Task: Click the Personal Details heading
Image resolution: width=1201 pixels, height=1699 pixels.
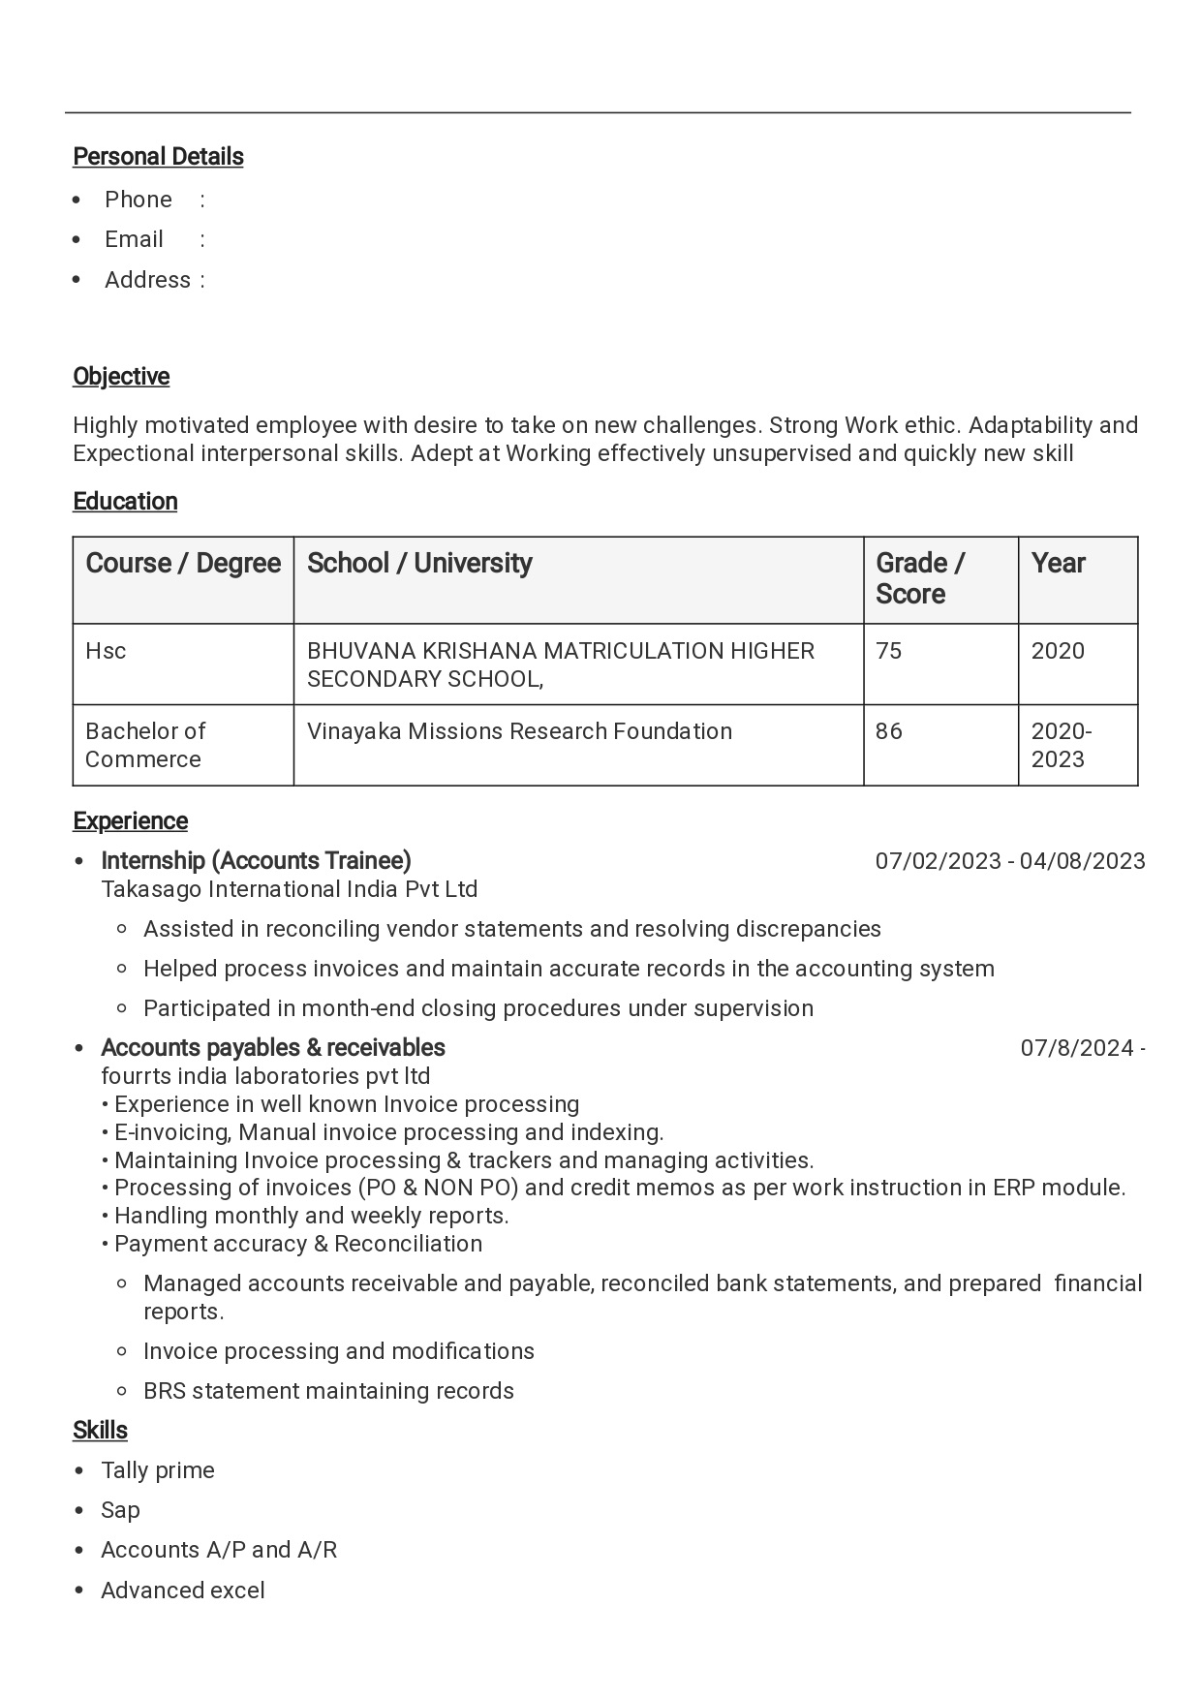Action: [x=158, y=157]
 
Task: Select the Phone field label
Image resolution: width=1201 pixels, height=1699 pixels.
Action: [x=139, y=200]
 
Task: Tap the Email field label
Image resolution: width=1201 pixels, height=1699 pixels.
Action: [x=134, y=239]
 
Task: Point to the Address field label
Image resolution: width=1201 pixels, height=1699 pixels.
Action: [x=147, y=280]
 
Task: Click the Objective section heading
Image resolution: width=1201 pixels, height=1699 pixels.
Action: [x=121, y=377]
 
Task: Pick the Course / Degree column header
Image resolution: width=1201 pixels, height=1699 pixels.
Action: [x=183, y=564]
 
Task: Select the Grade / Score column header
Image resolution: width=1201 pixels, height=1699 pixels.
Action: [x=919, y=578]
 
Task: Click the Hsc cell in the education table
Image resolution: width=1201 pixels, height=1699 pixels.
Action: [x=106, y=651]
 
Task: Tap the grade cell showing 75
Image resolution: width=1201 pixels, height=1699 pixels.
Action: [x=888, y=651]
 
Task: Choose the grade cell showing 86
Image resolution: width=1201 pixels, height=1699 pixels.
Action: [x=888, y=731]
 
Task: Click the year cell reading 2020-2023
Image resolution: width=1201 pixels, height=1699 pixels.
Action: [x=1061, y=745]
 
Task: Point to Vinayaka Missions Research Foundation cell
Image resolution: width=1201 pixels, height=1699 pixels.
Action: [x=519, y=731]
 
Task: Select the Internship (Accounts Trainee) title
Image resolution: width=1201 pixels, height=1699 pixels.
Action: [x=256, y=861]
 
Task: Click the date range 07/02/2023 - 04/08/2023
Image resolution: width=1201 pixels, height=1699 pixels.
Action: [x=1009, y=861]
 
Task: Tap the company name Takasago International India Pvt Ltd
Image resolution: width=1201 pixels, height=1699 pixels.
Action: [x=289, y=889]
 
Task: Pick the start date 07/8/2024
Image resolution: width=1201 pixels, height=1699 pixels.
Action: [x=1077, y=1048]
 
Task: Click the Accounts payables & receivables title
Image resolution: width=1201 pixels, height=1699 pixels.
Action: [x=273, y=1048]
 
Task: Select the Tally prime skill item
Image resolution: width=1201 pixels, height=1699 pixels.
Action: [x=158, y=1470]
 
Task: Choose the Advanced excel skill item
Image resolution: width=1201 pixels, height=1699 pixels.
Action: [x=183, y=1591]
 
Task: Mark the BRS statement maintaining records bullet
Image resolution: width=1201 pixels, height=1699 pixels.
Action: [x=328, y=1391]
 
